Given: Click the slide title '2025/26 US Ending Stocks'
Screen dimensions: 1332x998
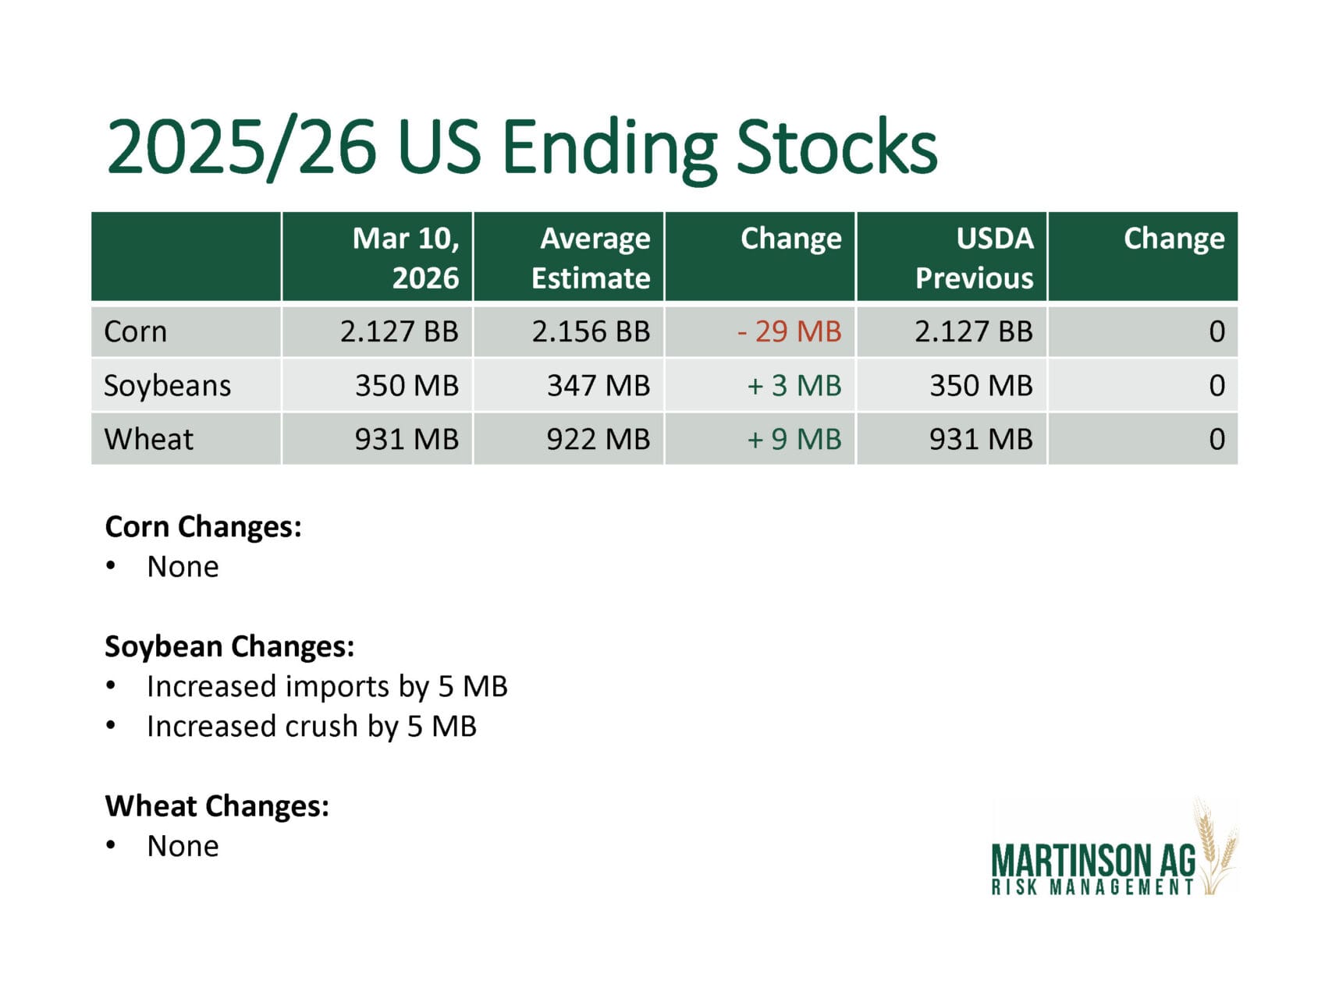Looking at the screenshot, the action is (x=521, y=147).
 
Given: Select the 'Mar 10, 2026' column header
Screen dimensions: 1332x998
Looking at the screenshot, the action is (x=406, y=257).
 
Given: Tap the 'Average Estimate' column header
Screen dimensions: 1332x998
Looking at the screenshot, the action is (x=591, y=257).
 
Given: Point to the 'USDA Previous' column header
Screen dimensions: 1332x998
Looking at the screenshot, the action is (x=974, y=257).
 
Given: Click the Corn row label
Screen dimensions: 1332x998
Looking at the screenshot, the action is (x=135, y=331).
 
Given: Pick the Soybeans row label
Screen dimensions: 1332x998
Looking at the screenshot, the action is (x=167, y=386).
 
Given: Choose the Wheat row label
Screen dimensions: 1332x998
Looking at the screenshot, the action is (x=148, y=439).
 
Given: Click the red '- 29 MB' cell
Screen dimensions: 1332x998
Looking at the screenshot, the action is (x=789, y=331).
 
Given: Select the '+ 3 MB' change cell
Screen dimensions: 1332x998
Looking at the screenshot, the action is (x=794, y=385).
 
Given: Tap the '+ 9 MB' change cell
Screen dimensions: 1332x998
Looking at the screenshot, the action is (x=794, y=439).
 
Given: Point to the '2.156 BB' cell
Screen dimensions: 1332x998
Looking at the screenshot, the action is (x=591, y=331).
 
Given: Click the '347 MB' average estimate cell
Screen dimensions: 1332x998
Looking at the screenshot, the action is (x=599, y=385).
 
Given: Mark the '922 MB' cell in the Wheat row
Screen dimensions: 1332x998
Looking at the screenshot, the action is (x=599, y=439).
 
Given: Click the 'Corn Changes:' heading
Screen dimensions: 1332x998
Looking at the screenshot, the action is (x=203, y=527).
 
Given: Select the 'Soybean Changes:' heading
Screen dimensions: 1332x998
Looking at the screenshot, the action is (x=229, y=647).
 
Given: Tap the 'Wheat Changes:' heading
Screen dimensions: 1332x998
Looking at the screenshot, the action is (x=217, y=806).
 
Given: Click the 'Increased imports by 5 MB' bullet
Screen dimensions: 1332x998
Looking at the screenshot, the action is (x=327, y=687).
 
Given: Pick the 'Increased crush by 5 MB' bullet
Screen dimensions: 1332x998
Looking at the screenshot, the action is (x=311, y=727).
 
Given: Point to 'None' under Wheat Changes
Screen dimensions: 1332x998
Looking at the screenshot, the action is (x=183, y=846).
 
